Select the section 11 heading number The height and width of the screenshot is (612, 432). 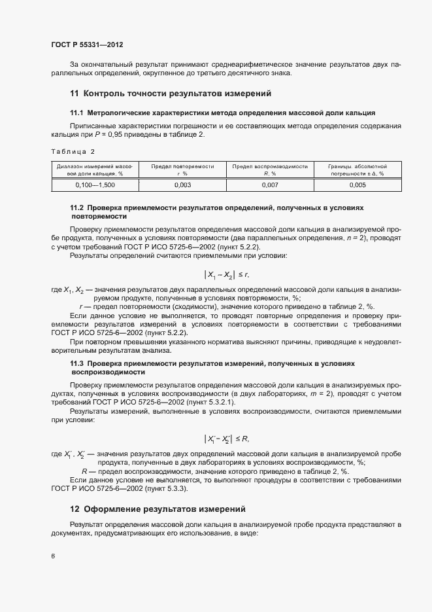pyautogui.click(x=74, y=93)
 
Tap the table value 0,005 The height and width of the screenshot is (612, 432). pyautogui.click(x=357, y=186)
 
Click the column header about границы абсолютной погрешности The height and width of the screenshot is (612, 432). pyautogui.click(x=357, y=170)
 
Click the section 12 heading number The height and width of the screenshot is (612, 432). pyautogui.click(x=75, y=509)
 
